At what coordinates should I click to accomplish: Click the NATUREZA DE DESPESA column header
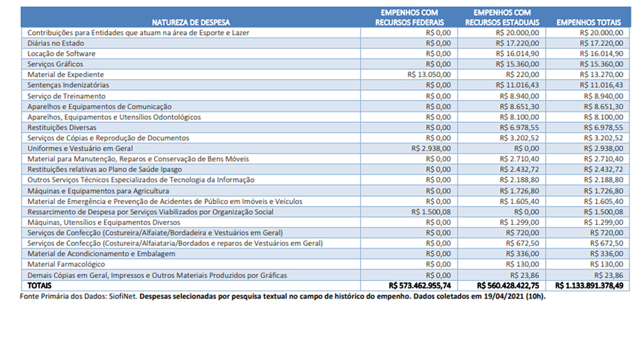191,22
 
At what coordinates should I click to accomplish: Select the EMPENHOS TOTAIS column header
589,22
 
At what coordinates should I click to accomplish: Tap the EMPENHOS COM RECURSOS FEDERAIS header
409,18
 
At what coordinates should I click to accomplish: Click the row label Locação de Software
61,53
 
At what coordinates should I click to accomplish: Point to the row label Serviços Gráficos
55,64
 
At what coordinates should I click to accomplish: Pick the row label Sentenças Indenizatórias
68,85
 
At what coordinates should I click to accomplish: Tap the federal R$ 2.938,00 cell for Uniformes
431,148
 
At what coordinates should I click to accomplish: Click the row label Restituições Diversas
62,127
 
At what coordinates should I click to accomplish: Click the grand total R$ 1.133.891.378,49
589,285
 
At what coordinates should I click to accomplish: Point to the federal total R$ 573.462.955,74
420,285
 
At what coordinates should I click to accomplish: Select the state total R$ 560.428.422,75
508,285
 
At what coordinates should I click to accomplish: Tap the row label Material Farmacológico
66,264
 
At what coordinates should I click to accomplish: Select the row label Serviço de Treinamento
66,96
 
